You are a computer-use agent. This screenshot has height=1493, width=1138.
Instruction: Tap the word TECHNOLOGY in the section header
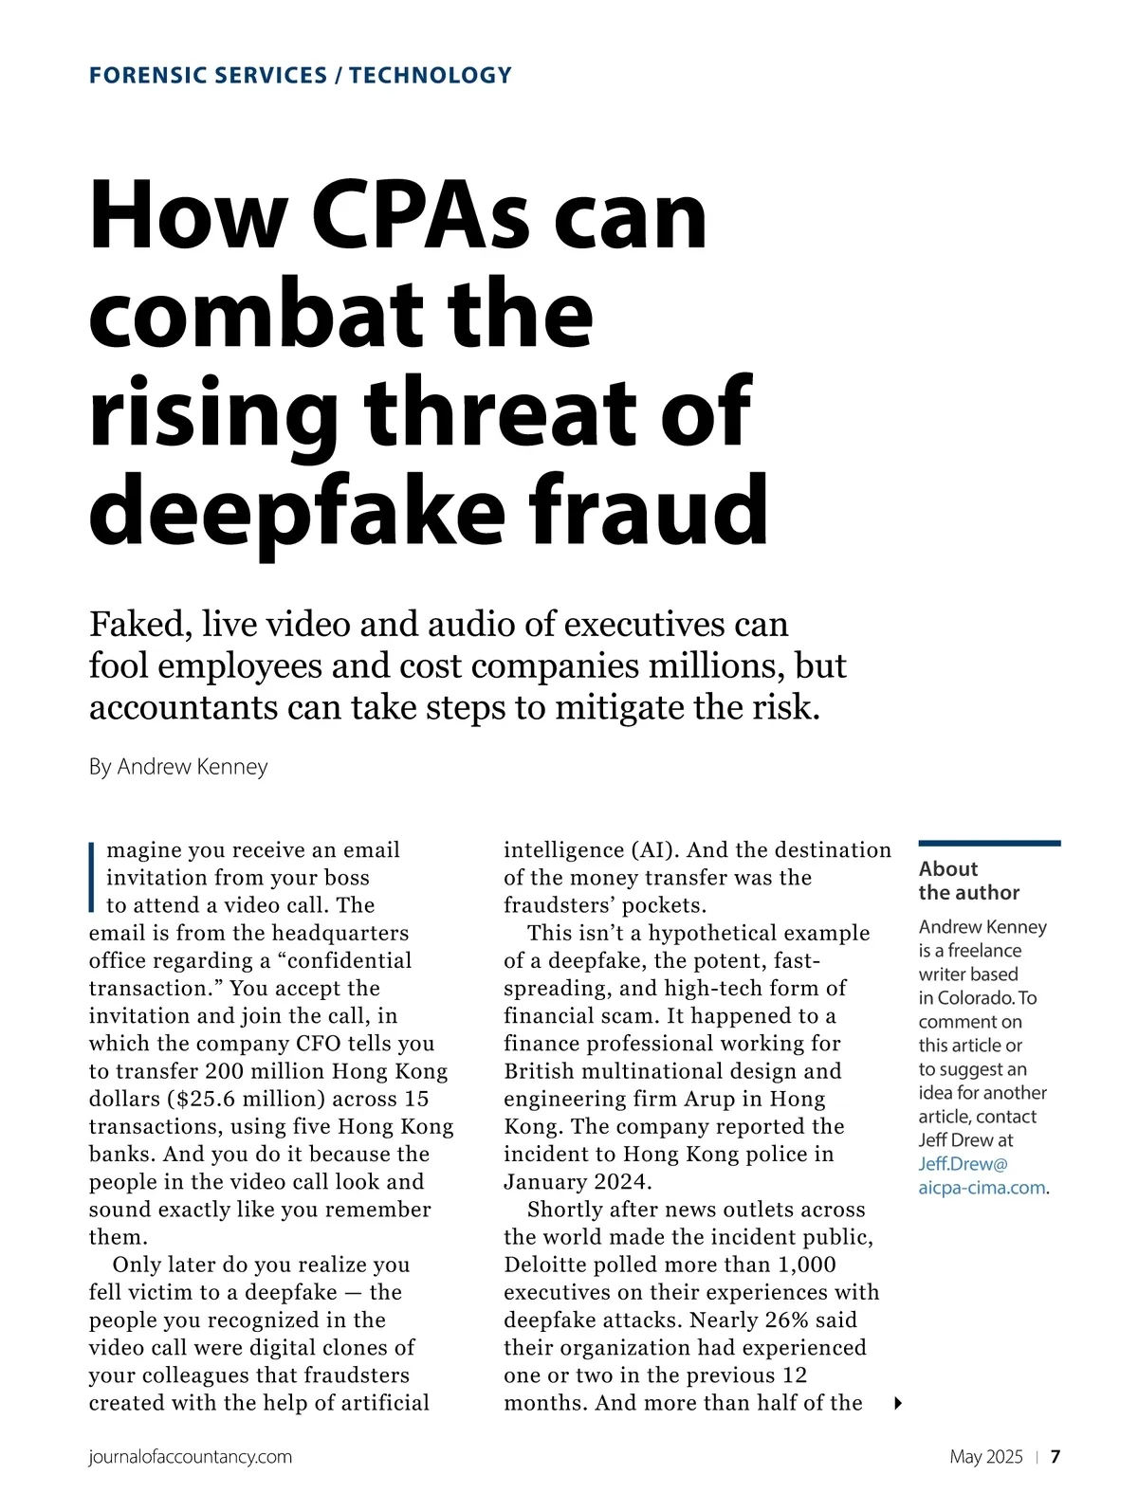[430, 76]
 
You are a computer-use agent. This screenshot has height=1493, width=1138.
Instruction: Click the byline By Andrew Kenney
[178, 766]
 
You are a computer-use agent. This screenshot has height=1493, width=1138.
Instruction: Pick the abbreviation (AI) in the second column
[651, 850]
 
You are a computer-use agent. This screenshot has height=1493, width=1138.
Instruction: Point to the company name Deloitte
[550, 1265]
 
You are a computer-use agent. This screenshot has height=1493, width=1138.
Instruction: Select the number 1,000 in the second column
[807, 1265]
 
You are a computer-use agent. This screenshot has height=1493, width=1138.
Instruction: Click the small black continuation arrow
[898, 1403]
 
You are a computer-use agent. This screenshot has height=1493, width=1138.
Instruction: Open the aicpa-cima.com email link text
[982, 1188]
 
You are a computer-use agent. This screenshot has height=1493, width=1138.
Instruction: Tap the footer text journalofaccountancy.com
[190, 1457]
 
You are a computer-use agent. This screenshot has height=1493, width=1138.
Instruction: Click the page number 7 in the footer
[1055, 1457]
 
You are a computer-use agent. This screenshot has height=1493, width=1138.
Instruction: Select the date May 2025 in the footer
[985, 1457]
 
